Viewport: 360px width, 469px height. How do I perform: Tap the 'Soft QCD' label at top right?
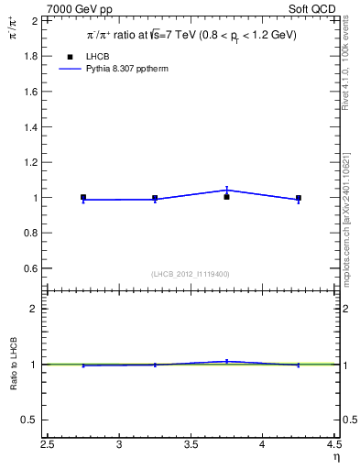tap(312, 7)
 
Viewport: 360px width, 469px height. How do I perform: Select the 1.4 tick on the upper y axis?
tap(29, 126)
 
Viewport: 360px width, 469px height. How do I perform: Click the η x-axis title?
tap(336, 457)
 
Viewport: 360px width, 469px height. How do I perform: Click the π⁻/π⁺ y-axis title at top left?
tap(13, 27)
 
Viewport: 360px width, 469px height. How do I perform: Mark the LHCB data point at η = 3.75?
tap(226, 196)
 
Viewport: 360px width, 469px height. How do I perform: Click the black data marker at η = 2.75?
tap(83, 197)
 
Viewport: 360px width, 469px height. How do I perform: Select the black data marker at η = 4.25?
tap(299, 198)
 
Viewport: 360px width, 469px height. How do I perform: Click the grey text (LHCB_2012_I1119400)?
tap(191, 274)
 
